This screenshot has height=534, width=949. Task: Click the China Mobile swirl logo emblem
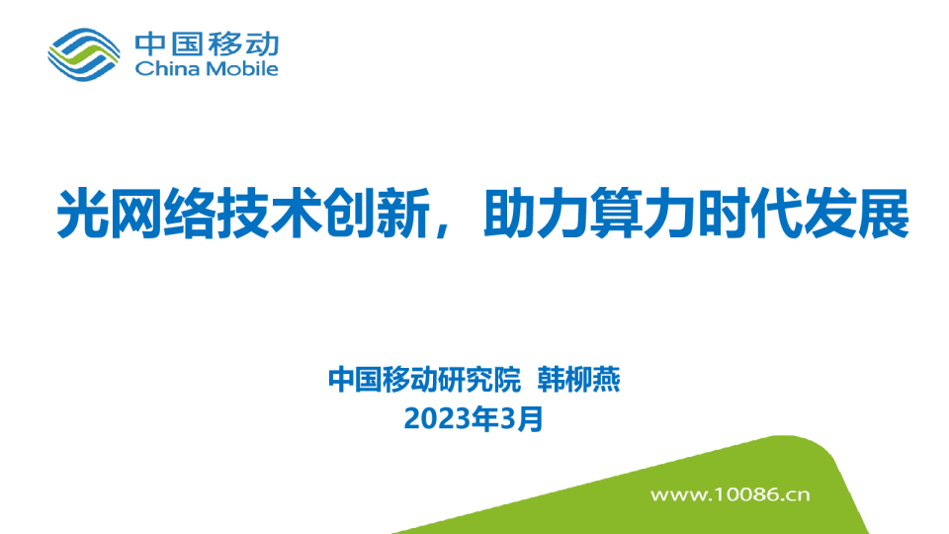[x=83, y=54]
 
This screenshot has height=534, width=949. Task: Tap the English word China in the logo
[x=167, y=68]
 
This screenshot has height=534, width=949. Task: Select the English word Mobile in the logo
[x=242, y=68]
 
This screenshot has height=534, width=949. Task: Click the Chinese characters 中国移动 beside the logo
[x=207, y=44]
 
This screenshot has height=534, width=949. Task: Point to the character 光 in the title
[x=83, y=214]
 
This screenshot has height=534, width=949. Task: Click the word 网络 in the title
[x=163, y=214]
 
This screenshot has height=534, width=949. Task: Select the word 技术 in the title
[x=270, y=214]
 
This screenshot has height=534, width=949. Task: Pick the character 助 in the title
[x=510, y=214]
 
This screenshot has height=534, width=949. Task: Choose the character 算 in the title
[x=617, y=214]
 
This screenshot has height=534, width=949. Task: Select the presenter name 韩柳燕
[x=578, y=380]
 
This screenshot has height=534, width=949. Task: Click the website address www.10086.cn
[x=730, y=494]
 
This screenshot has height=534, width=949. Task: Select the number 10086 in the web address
[x=746, y=494]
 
